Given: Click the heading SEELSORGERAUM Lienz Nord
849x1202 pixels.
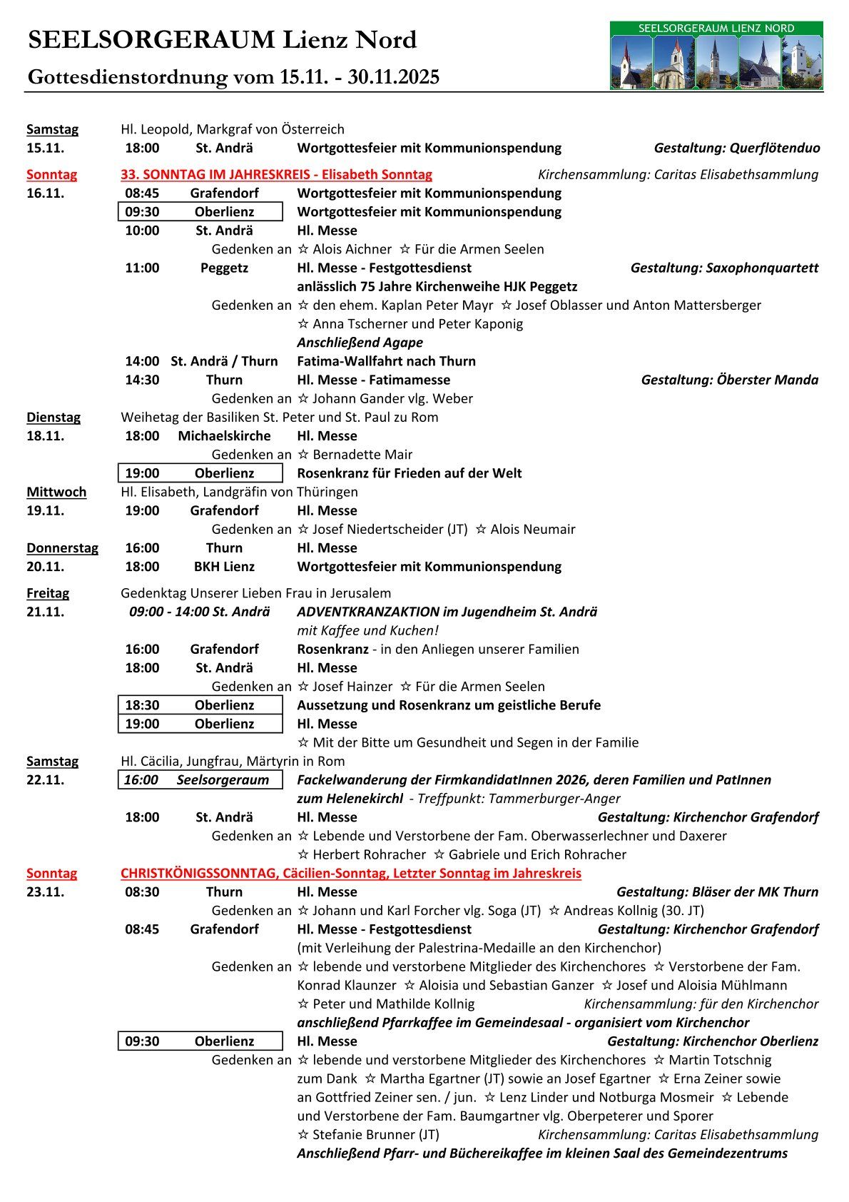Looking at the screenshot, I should click(222, 40).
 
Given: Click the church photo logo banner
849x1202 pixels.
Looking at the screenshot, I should click(716, 56).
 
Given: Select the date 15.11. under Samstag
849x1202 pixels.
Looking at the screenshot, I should click(45, 148).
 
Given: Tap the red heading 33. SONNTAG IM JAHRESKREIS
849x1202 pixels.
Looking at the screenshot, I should click(276, 174).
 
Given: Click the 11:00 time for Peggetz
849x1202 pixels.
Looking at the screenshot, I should click(142, 268).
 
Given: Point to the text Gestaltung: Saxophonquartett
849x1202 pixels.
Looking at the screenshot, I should click(724, 268).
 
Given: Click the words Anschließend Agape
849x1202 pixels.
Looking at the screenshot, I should click(360, 343).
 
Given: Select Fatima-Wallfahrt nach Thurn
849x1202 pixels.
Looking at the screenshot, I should click(386, 361).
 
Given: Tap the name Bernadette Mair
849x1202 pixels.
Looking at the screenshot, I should click(362, 455).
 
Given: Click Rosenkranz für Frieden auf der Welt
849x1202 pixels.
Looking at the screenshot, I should click(409, 473).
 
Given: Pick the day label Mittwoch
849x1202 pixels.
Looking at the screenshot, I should click(56, 492).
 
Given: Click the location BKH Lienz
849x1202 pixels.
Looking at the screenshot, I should click(224, 567).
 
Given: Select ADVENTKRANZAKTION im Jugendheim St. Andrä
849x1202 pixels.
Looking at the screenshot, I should click(447, 612).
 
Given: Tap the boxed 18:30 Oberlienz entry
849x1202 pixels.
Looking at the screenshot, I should click(200, 705).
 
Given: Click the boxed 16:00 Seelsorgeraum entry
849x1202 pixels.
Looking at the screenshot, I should click(200, 780).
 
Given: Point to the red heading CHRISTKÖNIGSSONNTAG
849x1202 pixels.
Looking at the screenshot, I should click(350, 873).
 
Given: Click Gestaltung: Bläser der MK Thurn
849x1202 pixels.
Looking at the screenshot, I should click(717, 892).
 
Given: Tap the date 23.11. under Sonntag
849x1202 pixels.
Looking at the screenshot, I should click(45, 892).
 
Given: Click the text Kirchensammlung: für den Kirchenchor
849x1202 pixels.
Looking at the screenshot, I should click(701, 1004).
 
